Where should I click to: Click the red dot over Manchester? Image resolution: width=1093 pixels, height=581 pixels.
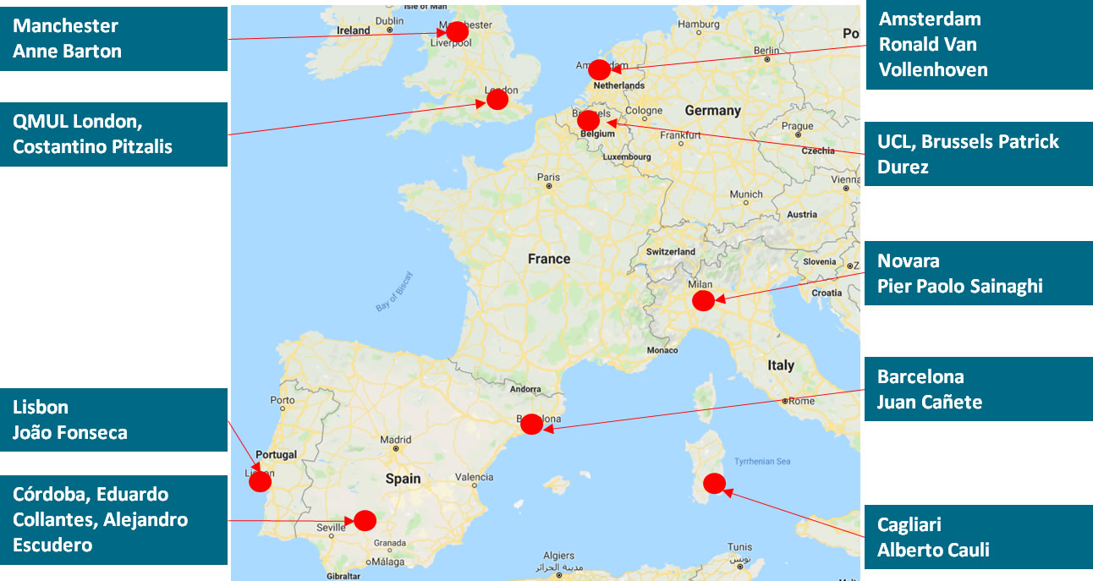point(457,32)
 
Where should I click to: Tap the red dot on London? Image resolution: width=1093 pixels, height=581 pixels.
point(497,100)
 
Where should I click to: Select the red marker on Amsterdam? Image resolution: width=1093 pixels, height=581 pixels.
point(599,69)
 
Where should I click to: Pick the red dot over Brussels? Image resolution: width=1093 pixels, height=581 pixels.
point(589,121)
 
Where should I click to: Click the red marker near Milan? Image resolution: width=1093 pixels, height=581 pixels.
point(703,301)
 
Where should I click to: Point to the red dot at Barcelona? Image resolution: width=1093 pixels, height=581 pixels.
point(531,425)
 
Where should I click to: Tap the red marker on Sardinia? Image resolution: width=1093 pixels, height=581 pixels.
point(714,484)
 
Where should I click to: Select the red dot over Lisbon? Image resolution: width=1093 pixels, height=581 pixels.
point(260,482)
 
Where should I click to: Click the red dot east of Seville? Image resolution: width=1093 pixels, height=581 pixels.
point(365,520)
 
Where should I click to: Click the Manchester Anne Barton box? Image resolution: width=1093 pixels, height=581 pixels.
point(113,39)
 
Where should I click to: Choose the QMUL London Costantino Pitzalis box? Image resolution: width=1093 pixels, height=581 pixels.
point(113,134)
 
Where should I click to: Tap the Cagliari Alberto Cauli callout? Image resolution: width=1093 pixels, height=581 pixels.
point(979,538)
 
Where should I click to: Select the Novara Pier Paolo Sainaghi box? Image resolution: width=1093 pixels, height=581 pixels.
point(979,273)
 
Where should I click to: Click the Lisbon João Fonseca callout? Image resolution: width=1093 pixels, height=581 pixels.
point(113,420)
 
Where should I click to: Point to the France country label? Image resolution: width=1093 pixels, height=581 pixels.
point(549,259)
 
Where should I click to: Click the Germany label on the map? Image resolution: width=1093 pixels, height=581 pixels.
point(712,111)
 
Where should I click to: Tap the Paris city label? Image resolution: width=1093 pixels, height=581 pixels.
point(548,178)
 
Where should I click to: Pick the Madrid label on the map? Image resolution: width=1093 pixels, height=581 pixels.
point(395,440)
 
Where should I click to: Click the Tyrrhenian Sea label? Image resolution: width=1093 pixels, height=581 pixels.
point(762,461)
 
